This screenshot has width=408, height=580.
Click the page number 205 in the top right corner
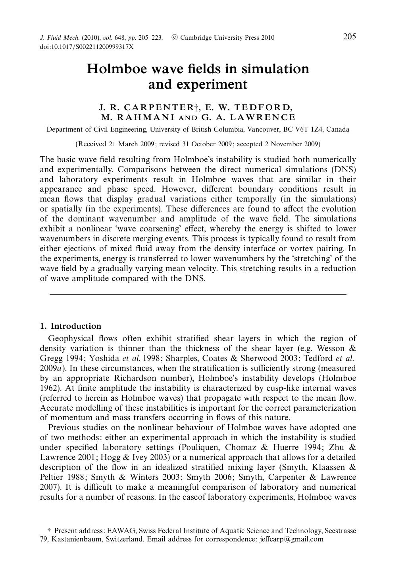coord(349,37)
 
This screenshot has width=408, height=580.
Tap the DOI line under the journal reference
coord(87,47)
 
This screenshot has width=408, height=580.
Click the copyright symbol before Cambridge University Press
coord(174,38)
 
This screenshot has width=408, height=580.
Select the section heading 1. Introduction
coord(71,326)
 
